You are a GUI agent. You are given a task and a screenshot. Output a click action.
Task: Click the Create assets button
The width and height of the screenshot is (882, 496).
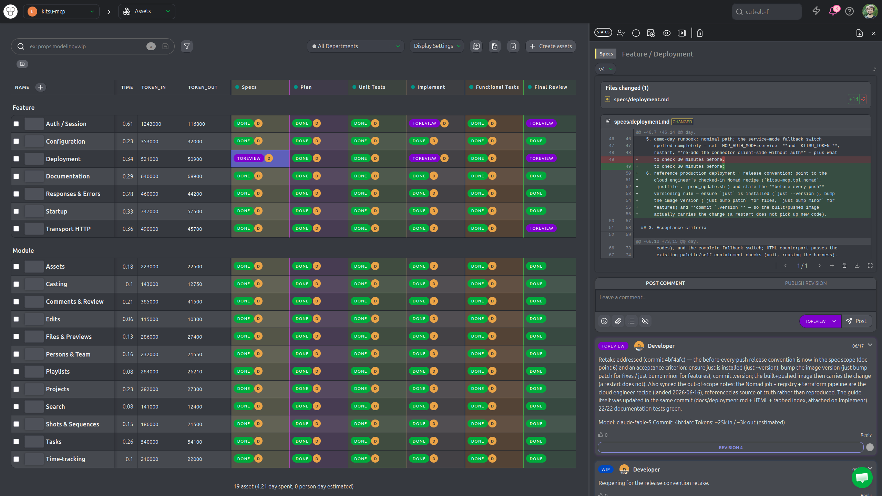pyautogui.click(x=550, y=46)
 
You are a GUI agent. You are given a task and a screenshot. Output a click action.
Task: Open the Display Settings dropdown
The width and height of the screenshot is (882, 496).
pyautogui.click(x=437, y=46)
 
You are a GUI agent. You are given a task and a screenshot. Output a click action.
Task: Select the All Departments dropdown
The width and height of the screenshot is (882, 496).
pyautogui.click(x=356, y=46)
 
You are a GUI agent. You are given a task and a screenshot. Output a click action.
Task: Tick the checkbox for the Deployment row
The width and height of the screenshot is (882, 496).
pyautogui.click(x=16, y=159)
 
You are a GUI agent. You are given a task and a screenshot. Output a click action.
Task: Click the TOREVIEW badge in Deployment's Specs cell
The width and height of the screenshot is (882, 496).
pyautogui.click(x=249, y=158)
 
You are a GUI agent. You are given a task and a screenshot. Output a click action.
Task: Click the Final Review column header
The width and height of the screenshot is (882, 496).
pyautogui.click(x=551, y=87)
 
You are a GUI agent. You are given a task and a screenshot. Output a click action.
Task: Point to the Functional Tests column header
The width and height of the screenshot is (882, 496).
pyautogui.click(x=497, y=87)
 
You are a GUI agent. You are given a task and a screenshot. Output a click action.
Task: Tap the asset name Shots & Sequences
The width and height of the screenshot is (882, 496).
pyautogui.click(x=72, y=424)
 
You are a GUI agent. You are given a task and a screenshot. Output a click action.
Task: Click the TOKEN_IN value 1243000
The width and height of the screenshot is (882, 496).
pyautogui.click(x=151, y=124)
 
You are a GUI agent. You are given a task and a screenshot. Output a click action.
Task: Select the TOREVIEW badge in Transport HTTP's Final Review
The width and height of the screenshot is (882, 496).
pyautogui.click(x=541, y=228)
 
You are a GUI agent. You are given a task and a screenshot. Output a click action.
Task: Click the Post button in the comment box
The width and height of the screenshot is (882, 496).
pyautogui.click(x=857, y=321)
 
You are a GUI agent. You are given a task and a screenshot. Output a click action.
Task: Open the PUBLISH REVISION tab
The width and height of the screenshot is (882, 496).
pyautogui.click(x=806, y=283)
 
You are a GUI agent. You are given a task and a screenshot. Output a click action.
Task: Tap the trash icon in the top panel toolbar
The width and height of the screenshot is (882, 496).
pyautogui.click(x=700, y=33)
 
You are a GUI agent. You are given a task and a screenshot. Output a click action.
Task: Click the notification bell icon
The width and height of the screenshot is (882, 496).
pyautogui.click(x=833, y=11)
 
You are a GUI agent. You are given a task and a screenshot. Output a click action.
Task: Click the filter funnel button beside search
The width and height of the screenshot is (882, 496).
pyautogui.click(x=187, y=46)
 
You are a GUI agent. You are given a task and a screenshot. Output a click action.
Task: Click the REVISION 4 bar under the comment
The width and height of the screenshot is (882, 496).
pyautogui.click(x=731, y=447)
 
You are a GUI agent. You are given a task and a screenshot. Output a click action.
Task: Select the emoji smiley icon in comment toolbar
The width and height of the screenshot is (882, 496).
pyautogui.click(x=604, y=321)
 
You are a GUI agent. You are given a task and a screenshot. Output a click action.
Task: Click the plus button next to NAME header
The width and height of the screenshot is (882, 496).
pyautogui.click(x=40, y=87)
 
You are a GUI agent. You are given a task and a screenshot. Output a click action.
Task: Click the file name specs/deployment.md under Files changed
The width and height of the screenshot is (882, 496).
pyautogui.click(x=641, y=100)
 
